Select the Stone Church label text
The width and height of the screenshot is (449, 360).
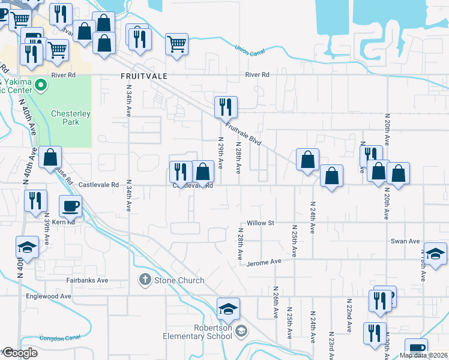[x=179, y=280]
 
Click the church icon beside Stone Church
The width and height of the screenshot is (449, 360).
[x=145, y=279]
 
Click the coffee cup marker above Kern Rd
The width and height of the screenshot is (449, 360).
[x=70, y=206]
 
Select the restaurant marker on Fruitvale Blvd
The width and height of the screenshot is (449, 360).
[x=226, y=107]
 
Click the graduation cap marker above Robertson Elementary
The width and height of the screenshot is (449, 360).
[x=228, y=309]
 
